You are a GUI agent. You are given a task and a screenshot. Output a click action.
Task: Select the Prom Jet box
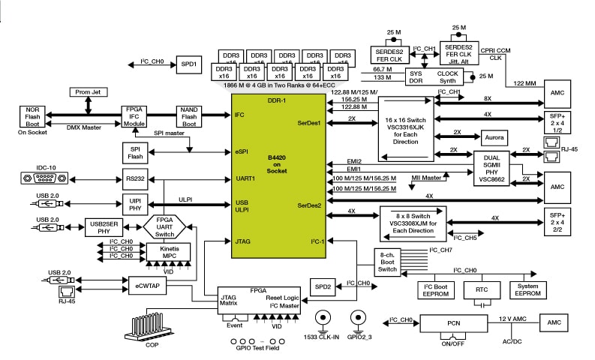point(90,92)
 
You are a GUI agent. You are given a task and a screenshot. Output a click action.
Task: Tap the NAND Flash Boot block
point(188,115)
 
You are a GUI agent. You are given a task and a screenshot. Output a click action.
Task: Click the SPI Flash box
point(136,152)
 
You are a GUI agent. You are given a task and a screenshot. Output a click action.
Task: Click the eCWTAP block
point(147,286)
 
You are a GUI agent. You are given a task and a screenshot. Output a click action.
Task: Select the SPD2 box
point(323,286)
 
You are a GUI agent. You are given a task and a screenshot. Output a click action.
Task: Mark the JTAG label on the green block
point(240,241)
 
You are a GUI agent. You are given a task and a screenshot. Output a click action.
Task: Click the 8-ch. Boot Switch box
point(387,262)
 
